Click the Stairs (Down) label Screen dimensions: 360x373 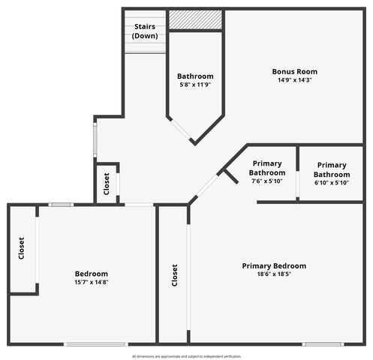pos(144,31)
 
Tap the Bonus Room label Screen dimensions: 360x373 pos(290,72)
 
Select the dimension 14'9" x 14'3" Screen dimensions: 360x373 pos(290,79)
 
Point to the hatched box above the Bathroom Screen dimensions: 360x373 pos(195,19)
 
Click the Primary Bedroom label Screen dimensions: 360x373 pos(274,265)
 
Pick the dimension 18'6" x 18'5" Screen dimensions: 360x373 pos(274,274)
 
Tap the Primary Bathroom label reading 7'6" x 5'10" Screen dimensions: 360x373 pos(268,172)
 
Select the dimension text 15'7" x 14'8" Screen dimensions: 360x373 pos(92,282)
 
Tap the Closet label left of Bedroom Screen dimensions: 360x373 pos(21,248)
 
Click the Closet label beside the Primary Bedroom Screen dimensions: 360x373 pos(175,275)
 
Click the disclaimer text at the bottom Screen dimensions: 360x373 pos(186,355)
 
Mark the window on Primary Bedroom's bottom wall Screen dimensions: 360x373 pos(323,343)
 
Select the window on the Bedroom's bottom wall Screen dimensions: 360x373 pos(95,343)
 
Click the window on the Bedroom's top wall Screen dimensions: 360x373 pos(60,204)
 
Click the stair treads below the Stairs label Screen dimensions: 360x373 pos(144,46)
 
